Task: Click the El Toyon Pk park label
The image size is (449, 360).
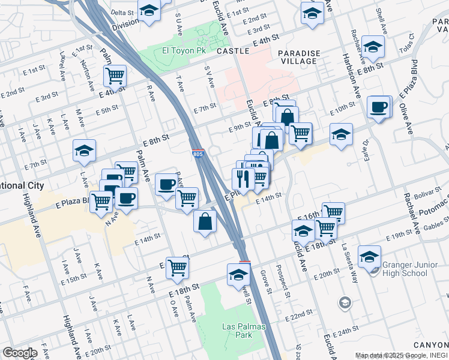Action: point(184,51)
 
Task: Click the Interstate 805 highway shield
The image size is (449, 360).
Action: point(197,155)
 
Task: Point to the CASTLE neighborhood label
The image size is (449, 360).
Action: point(232,52)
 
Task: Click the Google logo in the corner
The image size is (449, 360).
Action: point(19,353)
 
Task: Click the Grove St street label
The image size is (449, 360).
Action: point(264,279)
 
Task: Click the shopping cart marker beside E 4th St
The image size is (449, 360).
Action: point(114,76)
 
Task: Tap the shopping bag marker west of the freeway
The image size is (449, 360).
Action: point(205,221)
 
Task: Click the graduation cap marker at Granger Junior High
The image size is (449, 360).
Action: point(370,256)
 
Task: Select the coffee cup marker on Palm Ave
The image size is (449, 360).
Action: point(166,184)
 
